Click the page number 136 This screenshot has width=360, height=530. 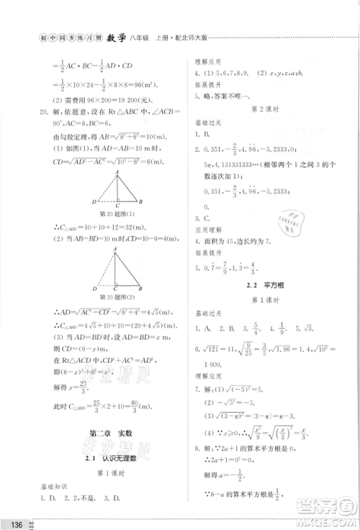click(15, 522)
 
